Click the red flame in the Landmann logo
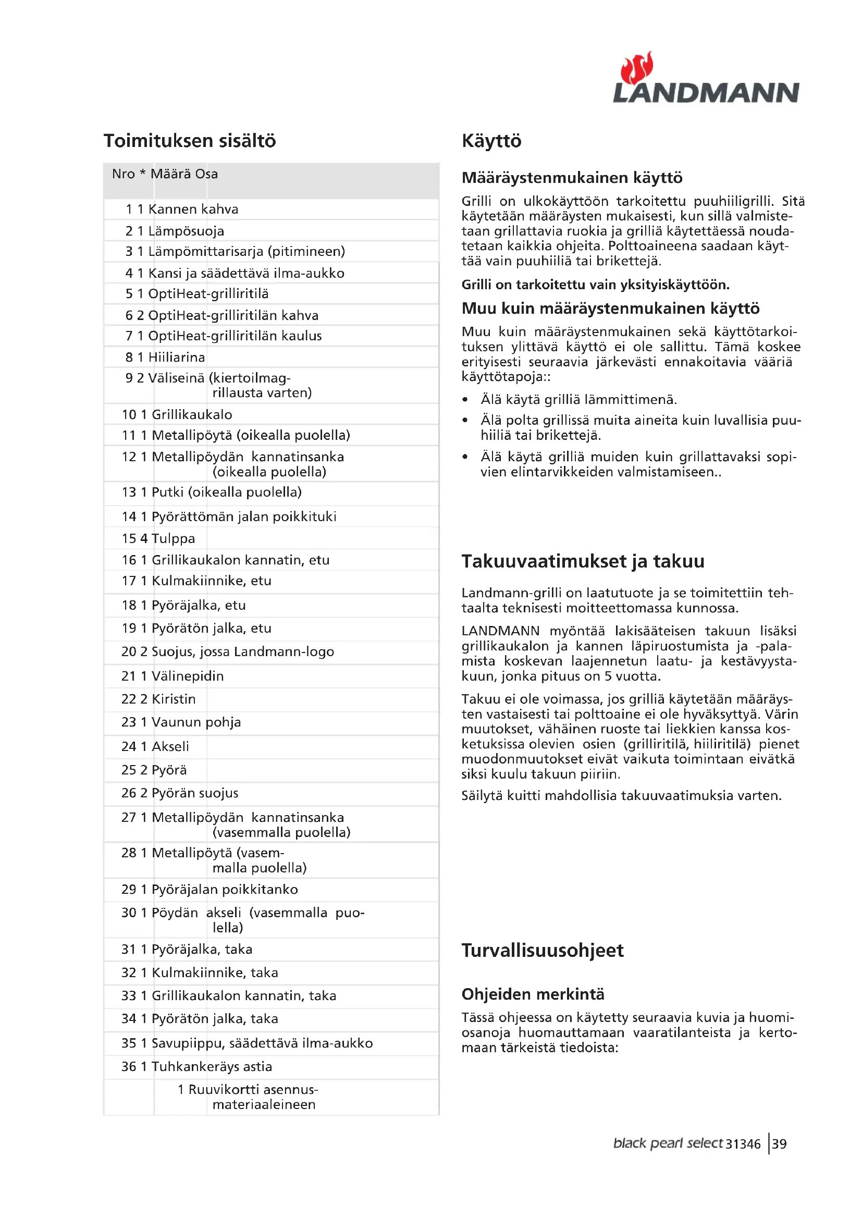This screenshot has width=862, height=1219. tap(636, 68)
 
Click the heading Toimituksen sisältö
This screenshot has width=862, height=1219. tap(190, 141)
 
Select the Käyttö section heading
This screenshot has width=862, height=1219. tap(491, 141)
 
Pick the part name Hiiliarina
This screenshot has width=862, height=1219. tap(176, 358)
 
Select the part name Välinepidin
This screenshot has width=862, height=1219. tap(188, 676)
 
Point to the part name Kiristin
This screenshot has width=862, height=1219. tap(174, 699)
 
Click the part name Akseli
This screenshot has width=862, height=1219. tap(170, 746)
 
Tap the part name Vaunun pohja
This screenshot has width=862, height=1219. tap(196, 722)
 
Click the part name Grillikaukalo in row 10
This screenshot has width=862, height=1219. tap(192, 414)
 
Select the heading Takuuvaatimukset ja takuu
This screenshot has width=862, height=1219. tap(583, 561)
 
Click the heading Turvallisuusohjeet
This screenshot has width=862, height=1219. tap(543, 951)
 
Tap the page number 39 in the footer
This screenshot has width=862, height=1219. tap(779, 1143)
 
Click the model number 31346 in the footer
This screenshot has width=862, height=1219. tap(743, 1144)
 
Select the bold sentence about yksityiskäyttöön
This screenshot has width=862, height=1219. tap(596, 285)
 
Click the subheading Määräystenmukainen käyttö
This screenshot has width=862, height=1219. tap(572, 177)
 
